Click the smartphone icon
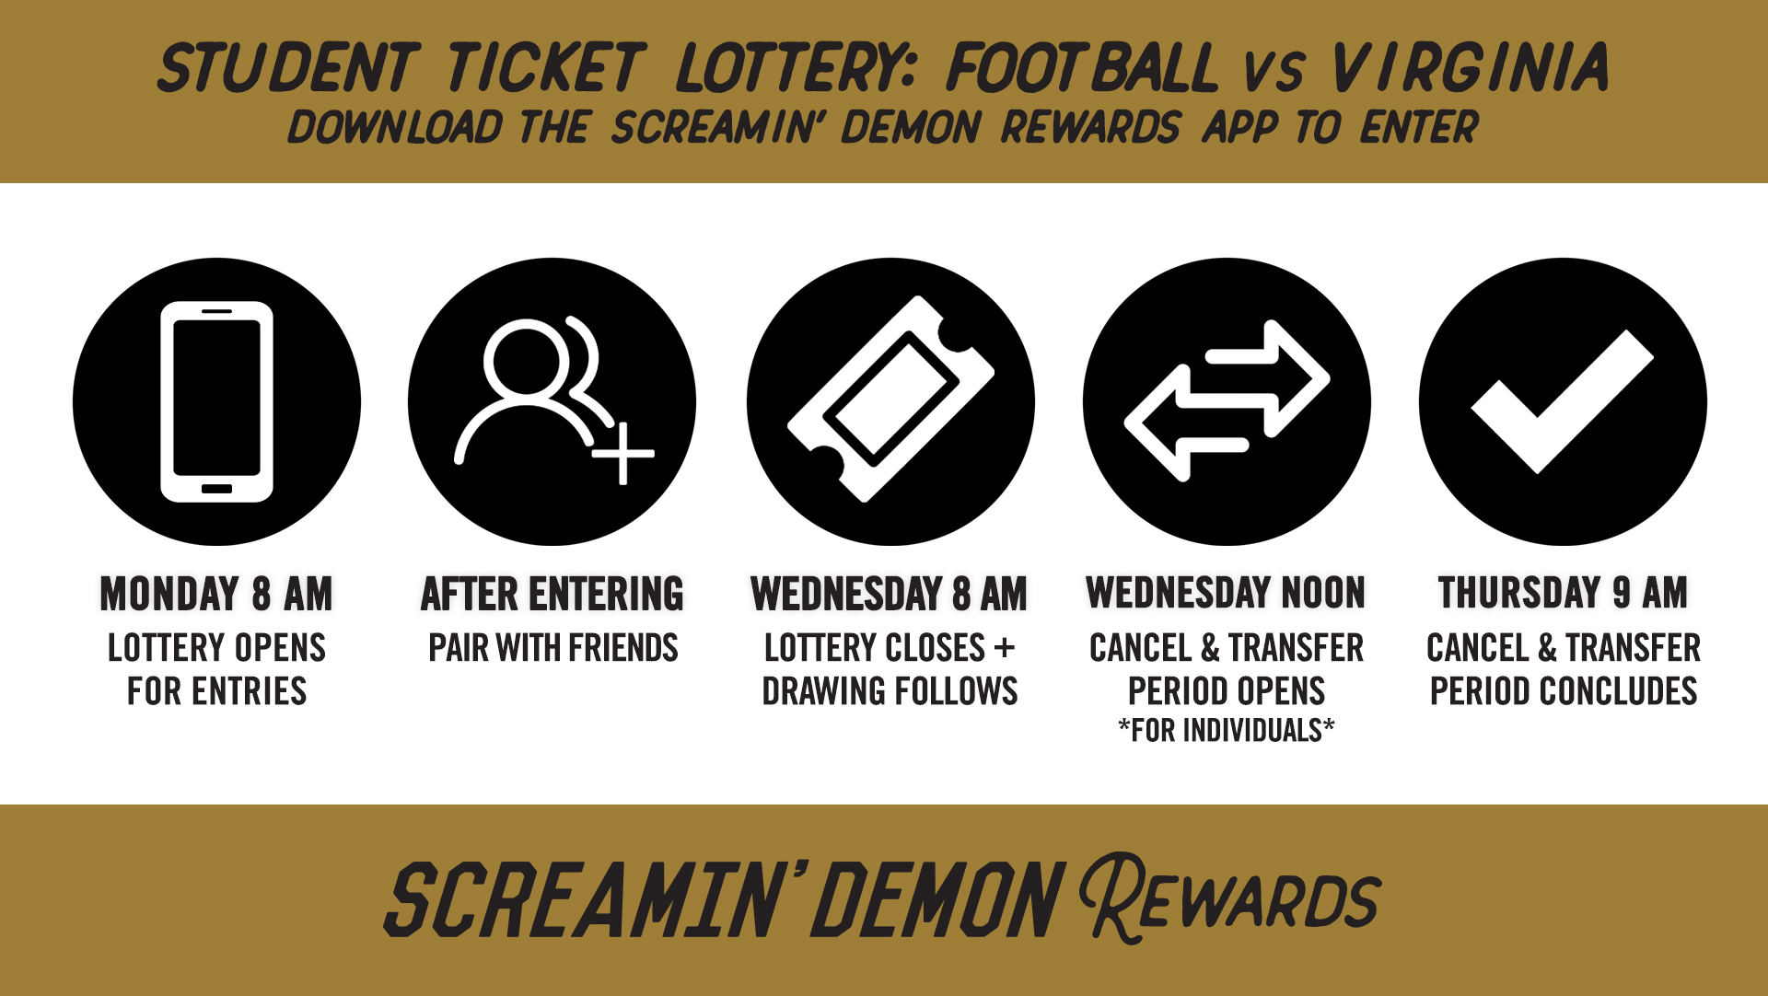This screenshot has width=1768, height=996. [x=217, y=401]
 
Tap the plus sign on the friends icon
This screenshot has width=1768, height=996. [x=623, y=453]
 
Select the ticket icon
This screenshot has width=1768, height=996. [x=890, y=399]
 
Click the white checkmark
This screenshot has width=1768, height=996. [x=1563, y=401]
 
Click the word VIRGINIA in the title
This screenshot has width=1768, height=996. [x=1470, y=67]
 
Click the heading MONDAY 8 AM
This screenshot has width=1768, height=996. [x=216, y=594]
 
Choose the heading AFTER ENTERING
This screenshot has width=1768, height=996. [x=552, y=594]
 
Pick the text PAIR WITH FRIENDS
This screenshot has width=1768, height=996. [x=553, y=648]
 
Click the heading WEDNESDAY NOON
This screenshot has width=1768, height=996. [x=1226, y=593]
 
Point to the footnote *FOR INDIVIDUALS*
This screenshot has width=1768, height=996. [x=1227, y=730]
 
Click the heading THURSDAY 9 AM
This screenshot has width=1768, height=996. [x=1563, y=593]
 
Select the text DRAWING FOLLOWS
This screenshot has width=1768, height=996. [x=890, y=691]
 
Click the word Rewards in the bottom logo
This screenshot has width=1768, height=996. [x=1229, y=898]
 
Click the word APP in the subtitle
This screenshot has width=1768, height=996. [x=1239, y=127]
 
